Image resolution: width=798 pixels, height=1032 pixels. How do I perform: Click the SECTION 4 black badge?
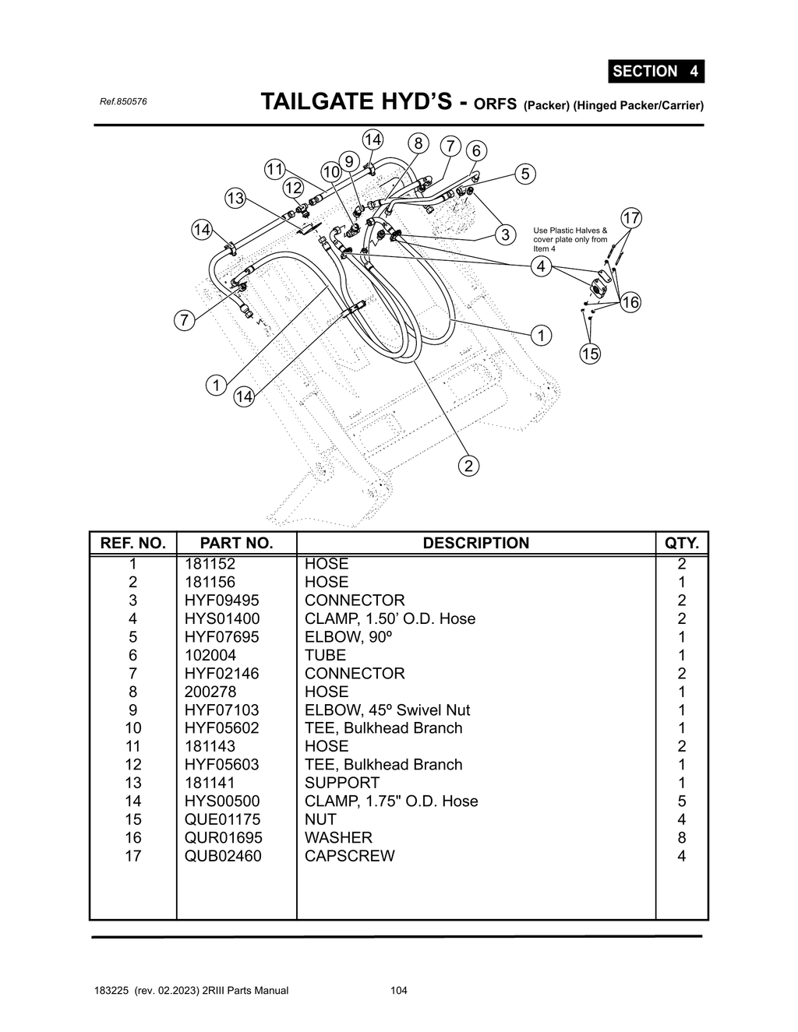655,71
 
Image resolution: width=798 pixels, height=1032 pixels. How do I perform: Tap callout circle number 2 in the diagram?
468,466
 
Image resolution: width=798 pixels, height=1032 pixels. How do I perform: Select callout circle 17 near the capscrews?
630,218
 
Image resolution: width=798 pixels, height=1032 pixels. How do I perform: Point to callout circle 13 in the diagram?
235,198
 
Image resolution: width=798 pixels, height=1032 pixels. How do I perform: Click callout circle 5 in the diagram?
525,174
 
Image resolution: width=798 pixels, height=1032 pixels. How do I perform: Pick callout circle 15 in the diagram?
590,354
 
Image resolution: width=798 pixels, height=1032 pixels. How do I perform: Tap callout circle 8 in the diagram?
418,143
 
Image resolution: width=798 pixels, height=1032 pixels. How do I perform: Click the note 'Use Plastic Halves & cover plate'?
570,239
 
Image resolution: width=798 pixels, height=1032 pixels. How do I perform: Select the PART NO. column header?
236,543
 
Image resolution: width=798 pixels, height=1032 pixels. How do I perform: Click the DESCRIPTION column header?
475,543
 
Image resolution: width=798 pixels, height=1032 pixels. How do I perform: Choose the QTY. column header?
681,543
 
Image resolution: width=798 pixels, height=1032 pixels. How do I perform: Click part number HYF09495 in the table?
221,601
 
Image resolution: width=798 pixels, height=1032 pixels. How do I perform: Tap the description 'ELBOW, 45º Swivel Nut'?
387,710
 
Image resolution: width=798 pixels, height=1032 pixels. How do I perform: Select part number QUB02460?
223,856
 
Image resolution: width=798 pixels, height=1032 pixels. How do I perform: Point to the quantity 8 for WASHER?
681,837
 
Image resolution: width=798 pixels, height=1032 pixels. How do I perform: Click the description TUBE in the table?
325,655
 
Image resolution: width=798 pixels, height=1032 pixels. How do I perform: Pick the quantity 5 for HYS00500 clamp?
681,801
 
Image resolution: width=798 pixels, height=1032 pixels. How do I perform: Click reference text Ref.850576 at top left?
123,102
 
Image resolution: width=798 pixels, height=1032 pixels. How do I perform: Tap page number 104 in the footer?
399,991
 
